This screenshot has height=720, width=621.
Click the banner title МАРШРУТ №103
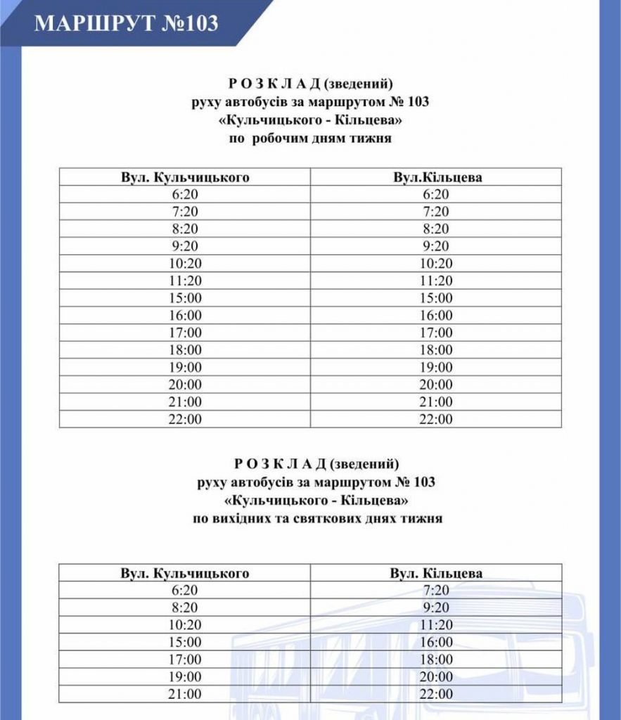(127, 23)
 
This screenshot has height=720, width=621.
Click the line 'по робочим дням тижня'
(310, 139)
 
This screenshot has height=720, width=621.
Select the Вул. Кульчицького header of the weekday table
(185, 177)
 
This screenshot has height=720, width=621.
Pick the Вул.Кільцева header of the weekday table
(437, 177)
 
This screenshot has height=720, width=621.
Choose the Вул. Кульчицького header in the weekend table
(185, 573)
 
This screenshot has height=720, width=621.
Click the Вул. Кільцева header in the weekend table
(437, 573)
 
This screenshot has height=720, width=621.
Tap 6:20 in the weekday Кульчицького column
(185, 195)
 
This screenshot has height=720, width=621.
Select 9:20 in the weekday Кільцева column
(437, 246)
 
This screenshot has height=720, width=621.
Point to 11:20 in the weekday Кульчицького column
(185, 281)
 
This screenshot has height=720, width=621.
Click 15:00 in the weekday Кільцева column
(437, 298)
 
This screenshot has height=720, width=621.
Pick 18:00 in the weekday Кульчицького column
(185, 350)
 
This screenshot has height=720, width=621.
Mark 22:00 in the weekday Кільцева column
(437, 419)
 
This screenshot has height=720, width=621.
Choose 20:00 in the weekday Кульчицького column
(185, 385)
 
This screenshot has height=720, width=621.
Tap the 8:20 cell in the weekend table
(185, 607)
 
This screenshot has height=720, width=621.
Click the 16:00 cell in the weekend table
(437, 642)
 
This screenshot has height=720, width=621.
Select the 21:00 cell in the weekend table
(185, 694)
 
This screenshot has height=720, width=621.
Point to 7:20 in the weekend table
(437, 591)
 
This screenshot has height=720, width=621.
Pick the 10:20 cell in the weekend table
(185, 625)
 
